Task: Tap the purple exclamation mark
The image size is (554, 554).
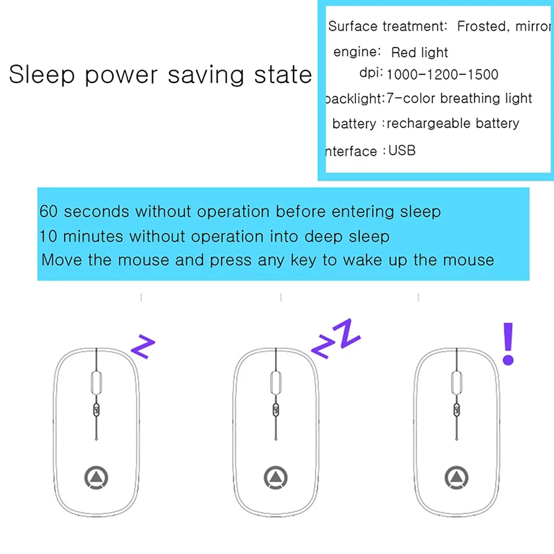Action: click(x=509, y=343)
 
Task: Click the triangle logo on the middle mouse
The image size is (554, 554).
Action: click(x=276, y=476)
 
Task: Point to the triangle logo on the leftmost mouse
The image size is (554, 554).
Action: click(x=96, y=476)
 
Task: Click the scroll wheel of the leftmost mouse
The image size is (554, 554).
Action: click(x=96, y=383)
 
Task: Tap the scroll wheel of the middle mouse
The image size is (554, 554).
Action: click(x=276, y=383)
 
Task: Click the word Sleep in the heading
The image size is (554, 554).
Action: click(x=42, y=75)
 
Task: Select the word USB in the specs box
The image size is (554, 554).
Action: click(x=402, y=150)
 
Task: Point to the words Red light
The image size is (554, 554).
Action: click(x=420, y=53)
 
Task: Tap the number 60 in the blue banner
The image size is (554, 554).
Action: click(x=48, y=211)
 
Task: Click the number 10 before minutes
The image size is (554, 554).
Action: click(x=48, y=237)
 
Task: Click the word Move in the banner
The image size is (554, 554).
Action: click(x=60, y=260)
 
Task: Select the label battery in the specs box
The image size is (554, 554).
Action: click(x=354, y=124)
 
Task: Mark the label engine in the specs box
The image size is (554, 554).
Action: click(x=357, y=51)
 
